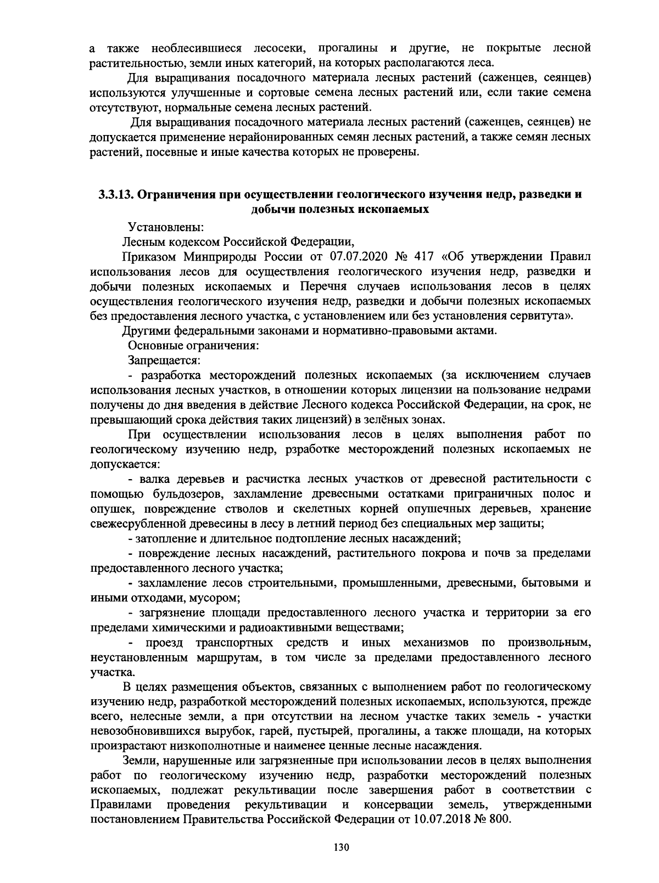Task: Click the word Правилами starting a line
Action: pos(114,805)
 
